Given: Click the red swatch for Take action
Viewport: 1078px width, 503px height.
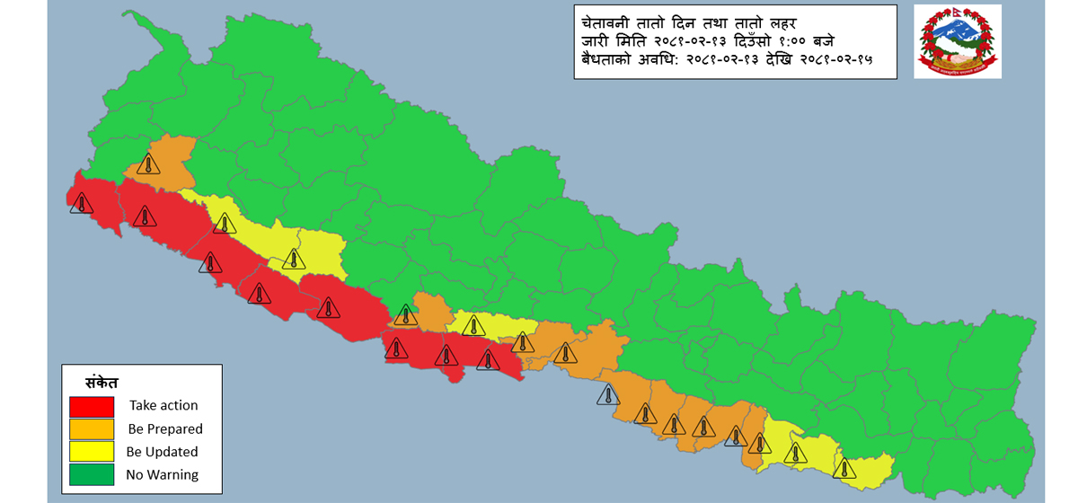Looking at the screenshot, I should point(92,406).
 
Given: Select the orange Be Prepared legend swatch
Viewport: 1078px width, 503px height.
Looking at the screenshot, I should point(92,428).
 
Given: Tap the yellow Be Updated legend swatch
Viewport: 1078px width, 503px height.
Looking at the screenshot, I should point(92,451).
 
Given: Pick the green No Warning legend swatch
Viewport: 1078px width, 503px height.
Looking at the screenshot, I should point(92,474).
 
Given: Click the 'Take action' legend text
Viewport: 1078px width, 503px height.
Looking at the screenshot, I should point(163,406).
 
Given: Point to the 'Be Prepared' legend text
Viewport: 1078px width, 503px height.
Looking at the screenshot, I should point(165,429).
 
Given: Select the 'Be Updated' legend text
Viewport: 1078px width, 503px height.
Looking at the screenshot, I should point(163,452).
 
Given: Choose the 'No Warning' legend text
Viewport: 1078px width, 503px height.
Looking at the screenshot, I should point(163,474).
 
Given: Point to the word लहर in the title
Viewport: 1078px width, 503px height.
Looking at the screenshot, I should point(790,22).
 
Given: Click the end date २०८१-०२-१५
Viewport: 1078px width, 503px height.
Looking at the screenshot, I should point(827,61).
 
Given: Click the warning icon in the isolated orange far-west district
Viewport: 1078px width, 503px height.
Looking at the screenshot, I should point(148,164).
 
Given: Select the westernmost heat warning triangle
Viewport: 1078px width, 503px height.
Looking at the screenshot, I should point(82,204).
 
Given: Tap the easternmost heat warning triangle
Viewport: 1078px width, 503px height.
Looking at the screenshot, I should point(844,468).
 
